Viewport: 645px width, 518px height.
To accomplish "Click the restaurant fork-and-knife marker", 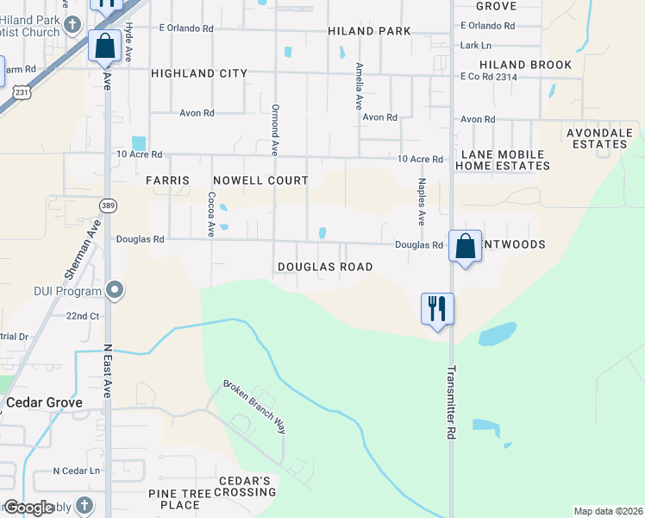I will [x=437, y=308].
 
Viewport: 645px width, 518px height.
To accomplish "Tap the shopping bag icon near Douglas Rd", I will [x=465, y=246].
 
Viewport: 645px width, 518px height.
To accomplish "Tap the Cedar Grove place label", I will [x=44, y=402].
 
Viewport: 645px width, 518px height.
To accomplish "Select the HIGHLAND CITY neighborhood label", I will [x=199, y=74].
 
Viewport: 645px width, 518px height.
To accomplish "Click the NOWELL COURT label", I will [x=261, y=180].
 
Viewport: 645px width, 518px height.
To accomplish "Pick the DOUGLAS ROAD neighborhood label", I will [x=325, y=267].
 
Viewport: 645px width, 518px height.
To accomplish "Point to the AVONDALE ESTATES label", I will [x=598, y=138].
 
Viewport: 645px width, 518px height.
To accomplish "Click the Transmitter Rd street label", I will [x=451, y=403].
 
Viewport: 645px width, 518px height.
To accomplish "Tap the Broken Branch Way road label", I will [x=254, y=406].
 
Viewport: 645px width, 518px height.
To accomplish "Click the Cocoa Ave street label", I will [x=210, y=214].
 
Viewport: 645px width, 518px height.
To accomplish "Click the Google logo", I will [x=28, y=508].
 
